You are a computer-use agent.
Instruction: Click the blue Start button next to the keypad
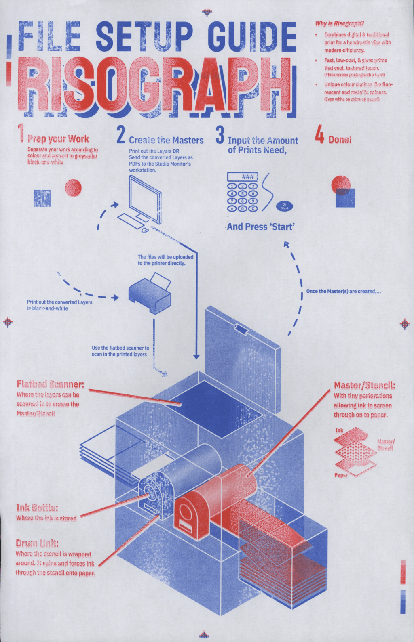pyautogui.click(x=284, y=206)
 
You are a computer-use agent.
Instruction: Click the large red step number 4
pyautogui.click(x=319, y=134)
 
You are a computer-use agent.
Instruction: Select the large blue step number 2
pyautogui.click(x=120, y=134)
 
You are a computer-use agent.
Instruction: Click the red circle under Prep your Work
pyautogui.click(x=73, y=188)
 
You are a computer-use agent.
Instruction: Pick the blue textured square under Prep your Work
pyautogui.click(x=42, y=198)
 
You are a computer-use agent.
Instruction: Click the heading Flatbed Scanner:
pyautogui.click(x=50, y=384)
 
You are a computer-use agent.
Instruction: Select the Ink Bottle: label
pyautogui.click(x=37, y=507)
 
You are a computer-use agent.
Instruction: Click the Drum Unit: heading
pyautogui.click(x=37, y=543)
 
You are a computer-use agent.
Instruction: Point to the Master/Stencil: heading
pyautogui.click(x=364, y=385)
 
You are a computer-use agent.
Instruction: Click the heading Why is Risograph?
pyautogui.click(x=339, y=23)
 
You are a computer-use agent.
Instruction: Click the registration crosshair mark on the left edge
pyautogui.click(x=8, y=322)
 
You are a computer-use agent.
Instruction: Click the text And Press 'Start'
pyautogui.click(x=260, y=227)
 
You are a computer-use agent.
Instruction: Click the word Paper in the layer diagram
pyautogui.click(x=341, y=475)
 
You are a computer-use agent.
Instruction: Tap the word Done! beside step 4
pyautogui.click(x=340, y=140)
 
